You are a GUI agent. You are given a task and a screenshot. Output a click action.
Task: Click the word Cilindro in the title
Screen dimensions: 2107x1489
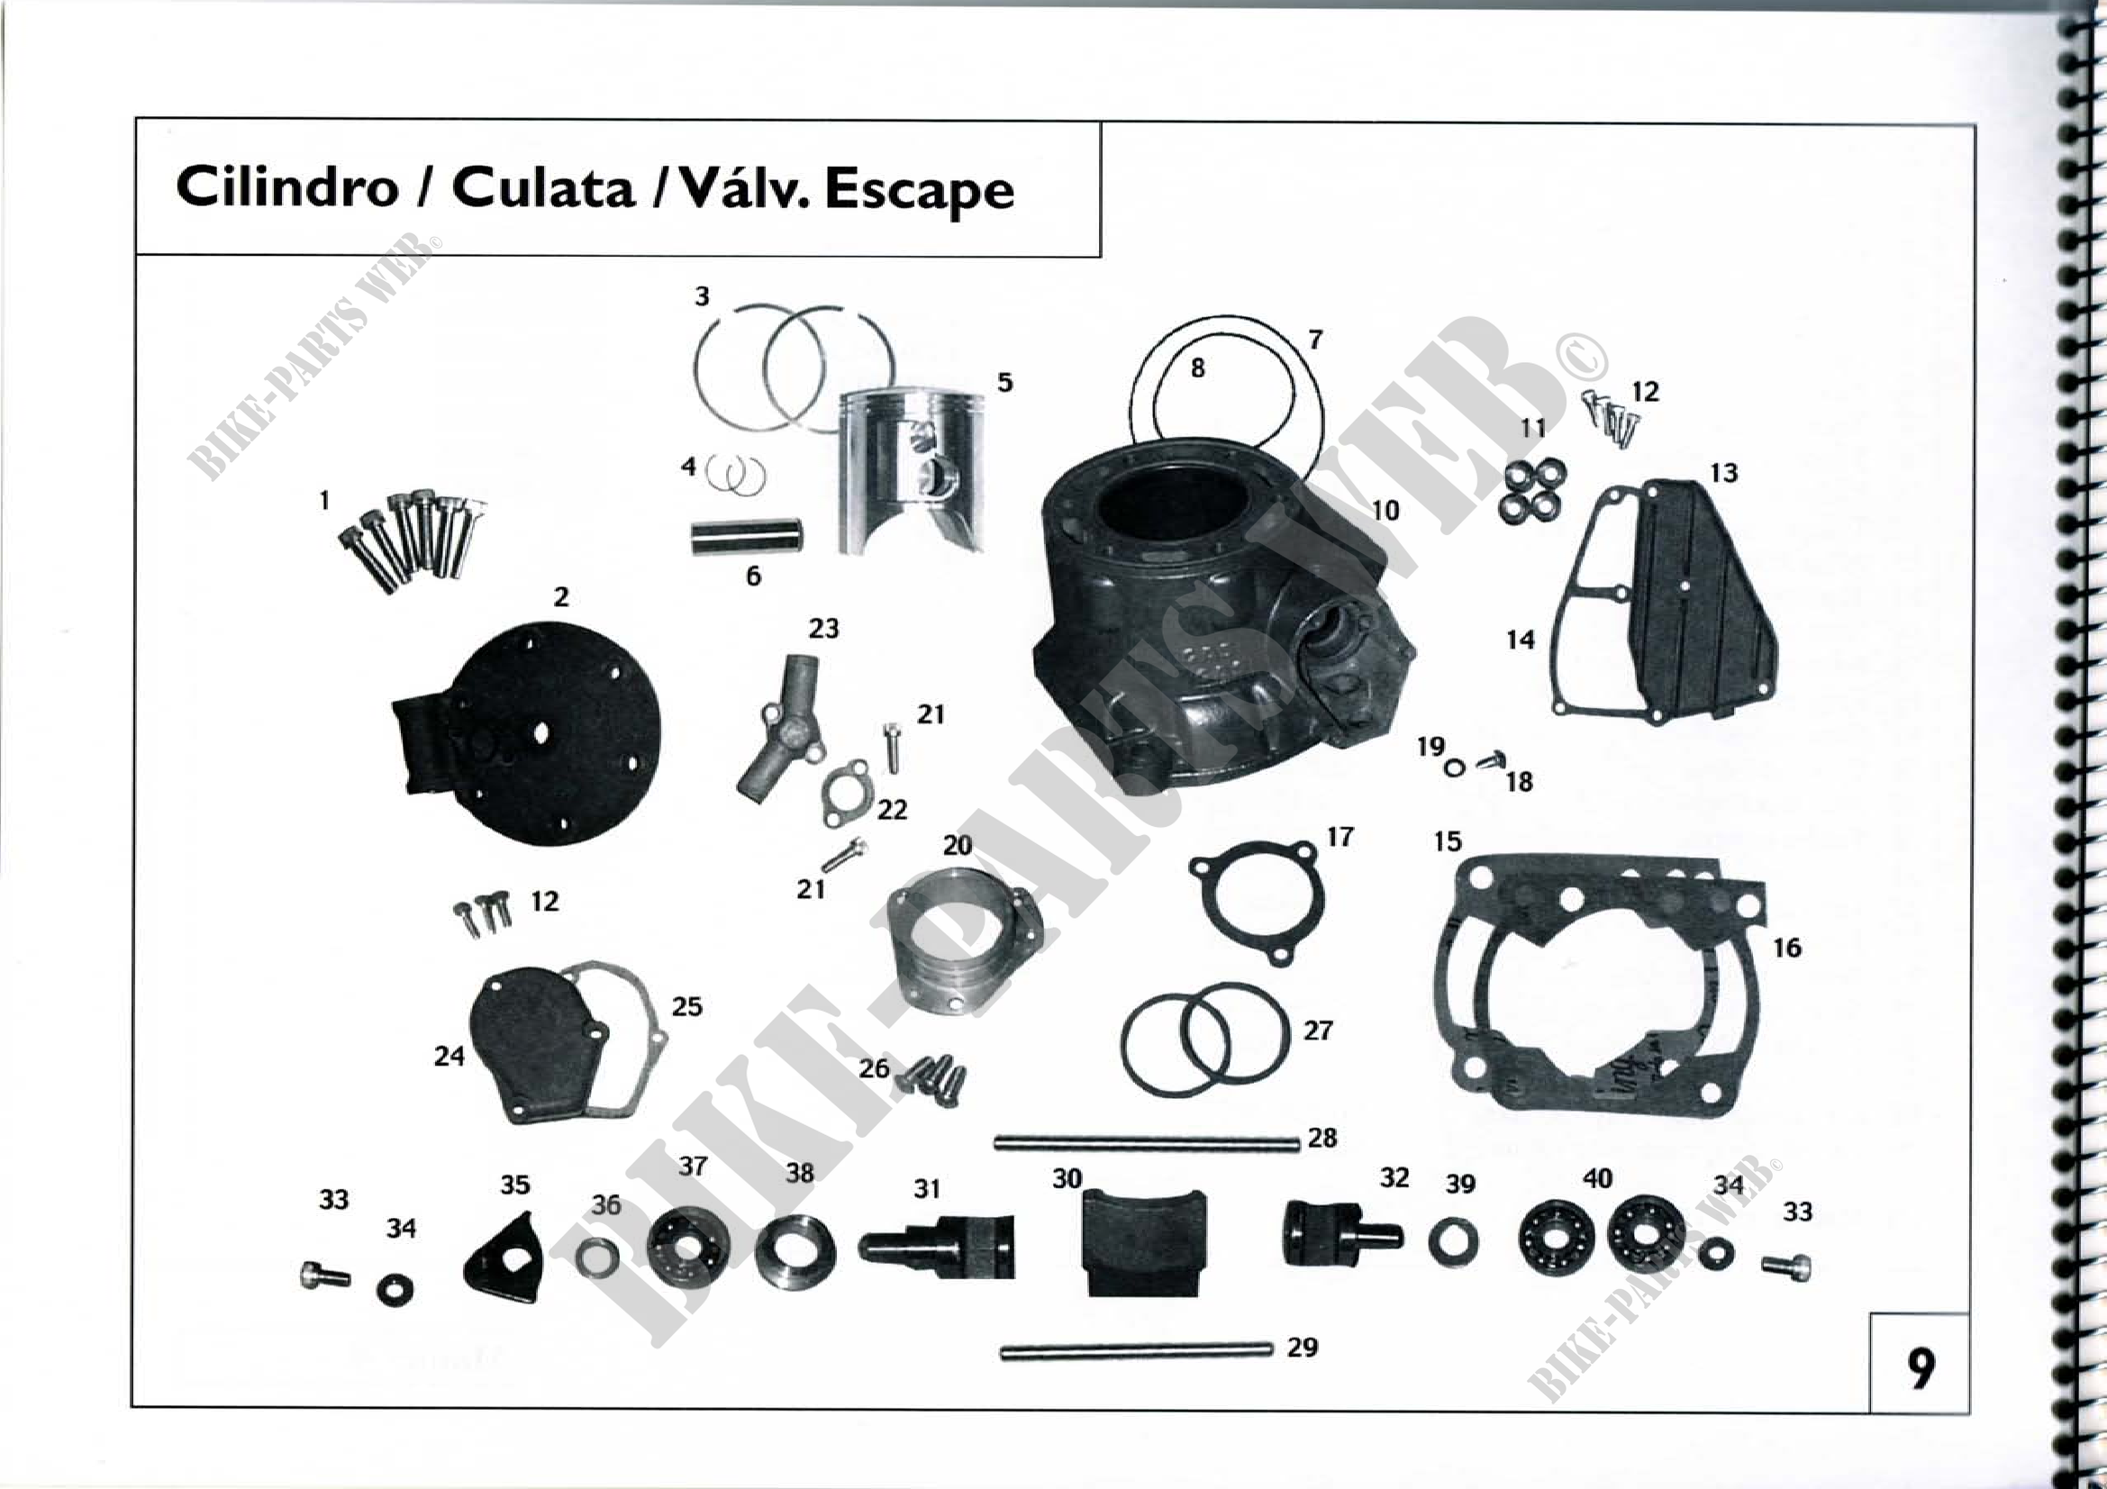tap(286, 188)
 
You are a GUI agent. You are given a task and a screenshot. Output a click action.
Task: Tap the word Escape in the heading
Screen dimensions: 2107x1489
tap(920, 192)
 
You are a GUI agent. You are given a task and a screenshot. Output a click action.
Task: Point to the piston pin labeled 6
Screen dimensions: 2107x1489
tap(747, 537)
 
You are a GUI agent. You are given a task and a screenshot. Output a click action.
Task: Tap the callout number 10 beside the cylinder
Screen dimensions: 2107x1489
tap(1385, 510)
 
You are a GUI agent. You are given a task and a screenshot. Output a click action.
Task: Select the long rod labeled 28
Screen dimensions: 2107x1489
tap(1147, 1143)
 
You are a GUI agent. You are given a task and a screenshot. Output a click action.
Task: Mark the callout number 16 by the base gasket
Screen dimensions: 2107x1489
tap(1786, 947)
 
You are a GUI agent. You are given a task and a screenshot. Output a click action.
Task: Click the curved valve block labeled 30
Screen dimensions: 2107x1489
tap(1145, 1240)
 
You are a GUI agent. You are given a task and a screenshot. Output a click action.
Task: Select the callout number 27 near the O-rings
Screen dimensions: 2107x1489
tap(1318, 1031)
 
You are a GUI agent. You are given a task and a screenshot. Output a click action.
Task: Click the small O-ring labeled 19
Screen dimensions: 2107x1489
tap(1455, 767)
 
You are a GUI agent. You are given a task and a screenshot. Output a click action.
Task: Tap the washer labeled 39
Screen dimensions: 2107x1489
tap(1453, 1242)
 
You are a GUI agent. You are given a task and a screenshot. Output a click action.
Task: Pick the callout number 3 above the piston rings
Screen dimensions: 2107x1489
tap(702, 296)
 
